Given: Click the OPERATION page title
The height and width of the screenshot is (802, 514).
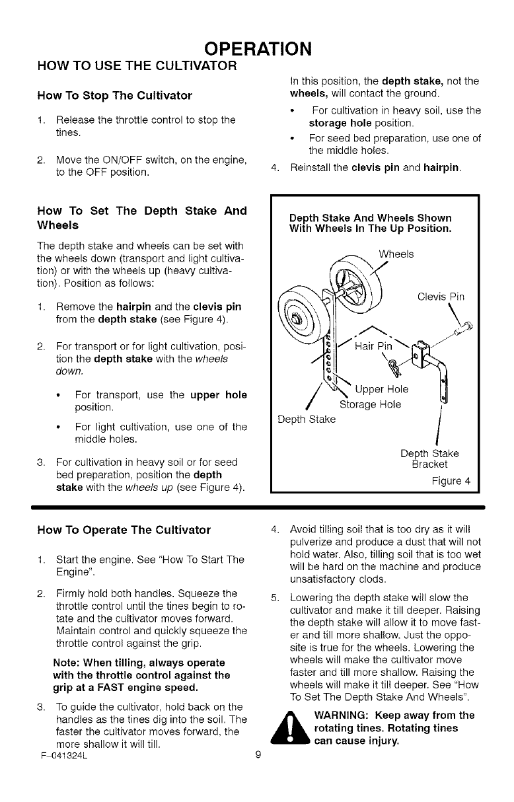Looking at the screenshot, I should [257, 48].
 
